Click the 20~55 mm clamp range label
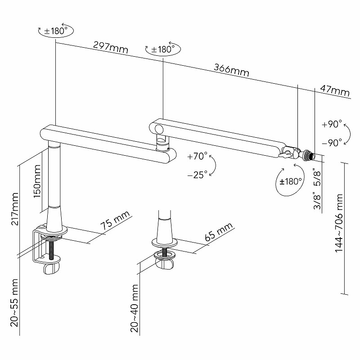(14, 302)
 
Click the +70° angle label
(197, 157)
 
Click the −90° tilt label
(333, 143)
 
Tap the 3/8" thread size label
(317, 200)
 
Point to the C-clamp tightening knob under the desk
(52, 269)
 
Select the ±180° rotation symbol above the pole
(54, 31)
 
